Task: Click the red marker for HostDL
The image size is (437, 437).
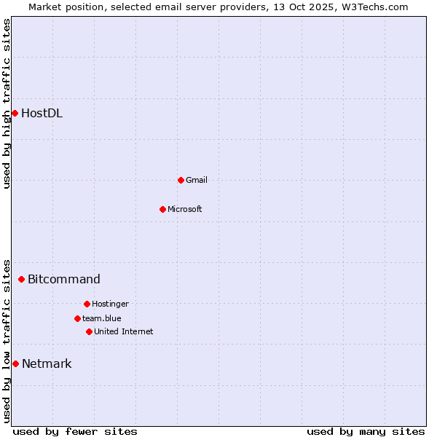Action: pos(15,113)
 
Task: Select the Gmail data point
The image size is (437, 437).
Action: pos(181,180)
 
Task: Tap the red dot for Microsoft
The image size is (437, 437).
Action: pos(162,209)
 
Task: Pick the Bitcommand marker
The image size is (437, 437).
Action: pos(21,279)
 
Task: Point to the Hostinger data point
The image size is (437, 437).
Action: pos(87,304)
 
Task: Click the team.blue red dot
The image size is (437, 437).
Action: pos(77,318)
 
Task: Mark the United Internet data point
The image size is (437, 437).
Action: pos(89,331)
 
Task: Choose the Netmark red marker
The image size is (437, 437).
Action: pos(15,363)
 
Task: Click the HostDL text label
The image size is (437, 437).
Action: pos(42,113)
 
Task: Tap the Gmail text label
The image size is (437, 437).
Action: pos(197,180)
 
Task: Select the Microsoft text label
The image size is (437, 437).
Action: pos(185,209)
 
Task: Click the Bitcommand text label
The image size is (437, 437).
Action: pos(64,279)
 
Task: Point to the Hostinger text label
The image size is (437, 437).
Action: pos(111,304)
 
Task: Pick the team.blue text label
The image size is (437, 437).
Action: pos(102,318)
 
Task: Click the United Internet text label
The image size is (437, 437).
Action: pos(124,331)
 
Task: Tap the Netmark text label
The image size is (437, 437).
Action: pos(47,363)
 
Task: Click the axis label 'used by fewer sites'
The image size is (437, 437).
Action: pos(75,431)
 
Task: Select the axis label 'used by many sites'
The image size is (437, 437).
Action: pos(366,431)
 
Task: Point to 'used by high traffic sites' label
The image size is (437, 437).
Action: pos(7,103)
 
